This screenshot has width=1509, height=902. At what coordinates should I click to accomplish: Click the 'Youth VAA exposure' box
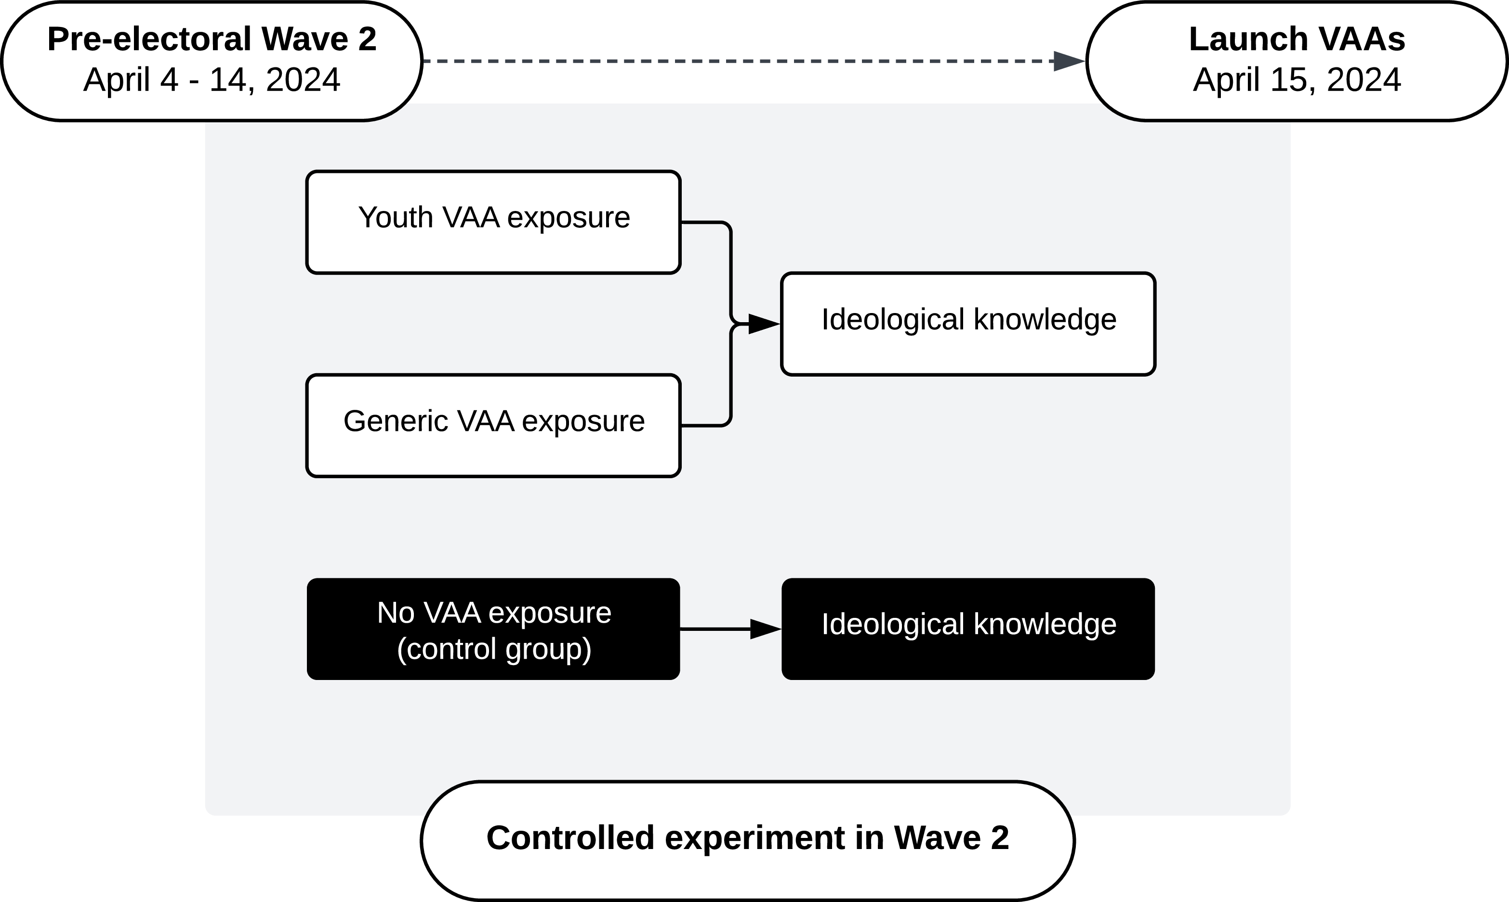point(492,222)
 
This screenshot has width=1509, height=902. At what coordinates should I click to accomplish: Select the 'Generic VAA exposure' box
point(492,425)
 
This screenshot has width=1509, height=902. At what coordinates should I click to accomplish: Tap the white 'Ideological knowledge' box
point(968,324)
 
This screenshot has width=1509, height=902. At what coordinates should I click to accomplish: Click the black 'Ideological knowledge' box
point(968,629)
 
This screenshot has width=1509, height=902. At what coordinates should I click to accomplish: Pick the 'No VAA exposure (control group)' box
point(492,629)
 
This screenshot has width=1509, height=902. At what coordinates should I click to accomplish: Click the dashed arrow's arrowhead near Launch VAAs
point(1068,61)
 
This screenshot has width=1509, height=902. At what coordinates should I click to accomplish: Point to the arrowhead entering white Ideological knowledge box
point(764,324)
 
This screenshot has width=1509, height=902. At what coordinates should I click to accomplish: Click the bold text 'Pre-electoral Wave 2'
point(212,39)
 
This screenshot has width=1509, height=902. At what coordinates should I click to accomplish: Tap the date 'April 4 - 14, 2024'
point(212,79)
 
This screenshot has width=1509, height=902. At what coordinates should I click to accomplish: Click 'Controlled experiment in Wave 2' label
point(747,837)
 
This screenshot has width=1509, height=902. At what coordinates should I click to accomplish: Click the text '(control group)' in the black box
point(494,649)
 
